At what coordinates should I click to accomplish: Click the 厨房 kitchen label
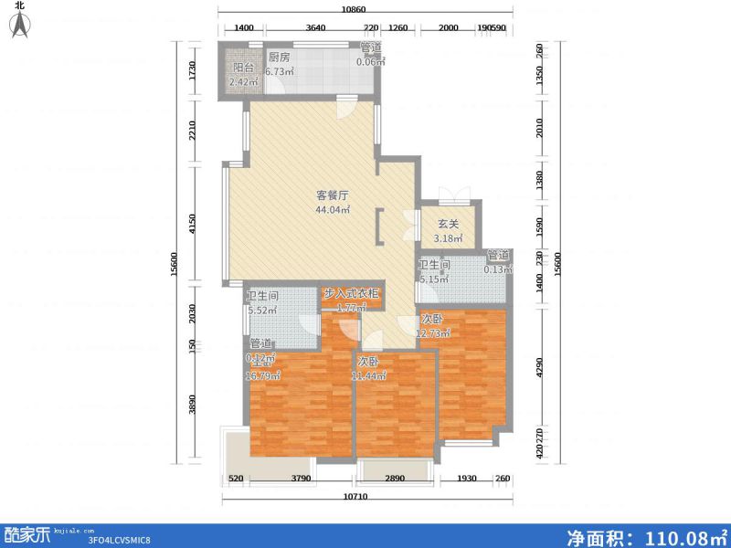(279, 57)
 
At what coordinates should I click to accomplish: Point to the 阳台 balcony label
(243, 68)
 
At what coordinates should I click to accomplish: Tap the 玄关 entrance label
(448, 224)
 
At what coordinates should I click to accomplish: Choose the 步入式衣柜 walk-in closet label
(352, 294)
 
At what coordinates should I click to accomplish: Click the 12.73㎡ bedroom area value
(433, 333)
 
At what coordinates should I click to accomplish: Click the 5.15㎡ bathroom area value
(434, 279)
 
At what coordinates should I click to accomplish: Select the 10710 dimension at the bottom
(363, 497)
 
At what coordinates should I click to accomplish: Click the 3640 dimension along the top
(316, 28)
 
